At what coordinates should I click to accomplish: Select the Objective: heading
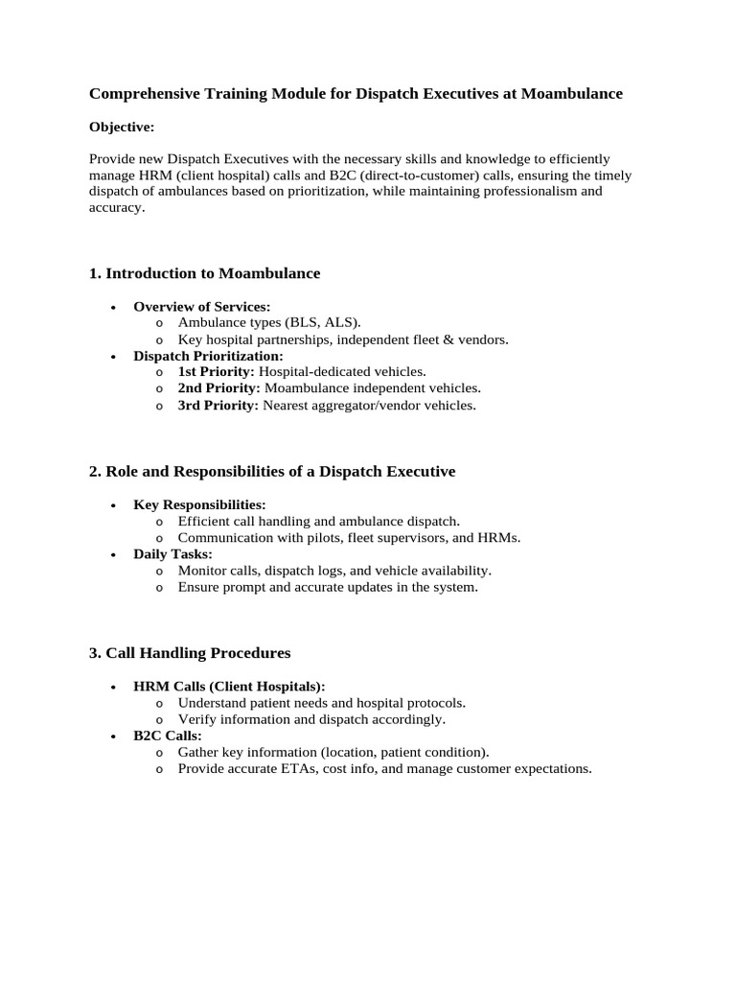pyautogui.click(x=122, y=127)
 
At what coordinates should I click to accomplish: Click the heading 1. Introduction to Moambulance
pyautogui.click(x=204, y=273)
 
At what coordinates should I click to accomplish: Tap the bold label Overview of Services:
pyautogui.click(x=202, y=307)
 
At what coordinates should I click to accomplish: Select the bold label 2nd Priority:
pyautogui.click(x=218, y=388)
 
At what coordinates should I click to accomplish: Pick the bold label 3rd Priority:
pyautogui.click(x=218, y=405)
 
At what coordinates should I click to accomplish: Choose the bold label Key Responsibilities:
pyautogui.click(x=199, y=504)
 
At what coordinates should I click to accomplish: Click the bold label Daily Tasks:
pyautogui.click(x=172, y=554)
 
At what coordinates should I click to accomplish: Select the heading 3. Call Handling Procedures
pyautogui.click(x=190, y=653)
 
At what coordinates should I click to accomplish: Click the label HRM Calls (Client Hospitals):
pyautogui.click(x=229, y=687)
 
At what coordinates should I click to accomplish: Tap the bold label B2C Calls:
pyautogui.click(x=168, y=736)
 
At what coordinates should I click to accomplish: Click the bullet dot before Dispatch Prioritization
pyautogui.click(x=113, y=356)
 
